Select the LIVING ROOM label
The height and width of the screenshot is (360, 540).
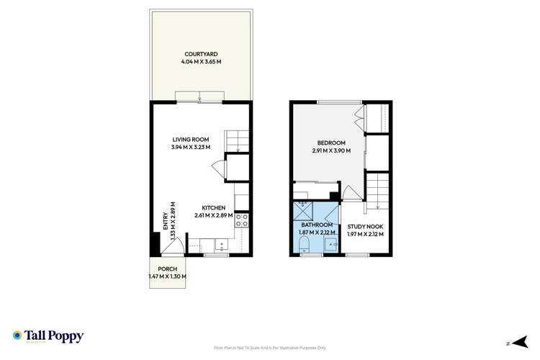(x=190, y=139)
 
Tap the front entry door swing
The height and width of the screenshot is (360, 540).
(x=170, y=247)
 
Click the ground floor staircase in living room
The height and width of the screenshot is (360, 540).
(x=237, y=140)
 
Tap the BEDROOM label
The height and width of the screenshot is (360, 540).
(x=331, y=142)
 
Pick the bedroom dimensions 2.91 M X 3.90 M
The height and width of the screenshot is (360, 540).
(x=331, y=150)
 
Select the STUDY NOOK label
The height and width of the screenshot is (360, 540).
(x=365, y=225)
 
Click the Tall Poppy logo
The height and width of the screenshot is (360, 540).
(x=48, y=336)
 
